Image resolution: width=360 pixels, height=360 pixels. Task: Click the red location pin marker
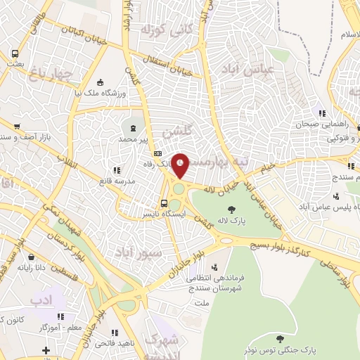tap(181, 165)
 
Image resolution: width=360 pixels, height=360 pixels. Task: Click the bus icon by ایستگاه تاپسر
tap(165, 203)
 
